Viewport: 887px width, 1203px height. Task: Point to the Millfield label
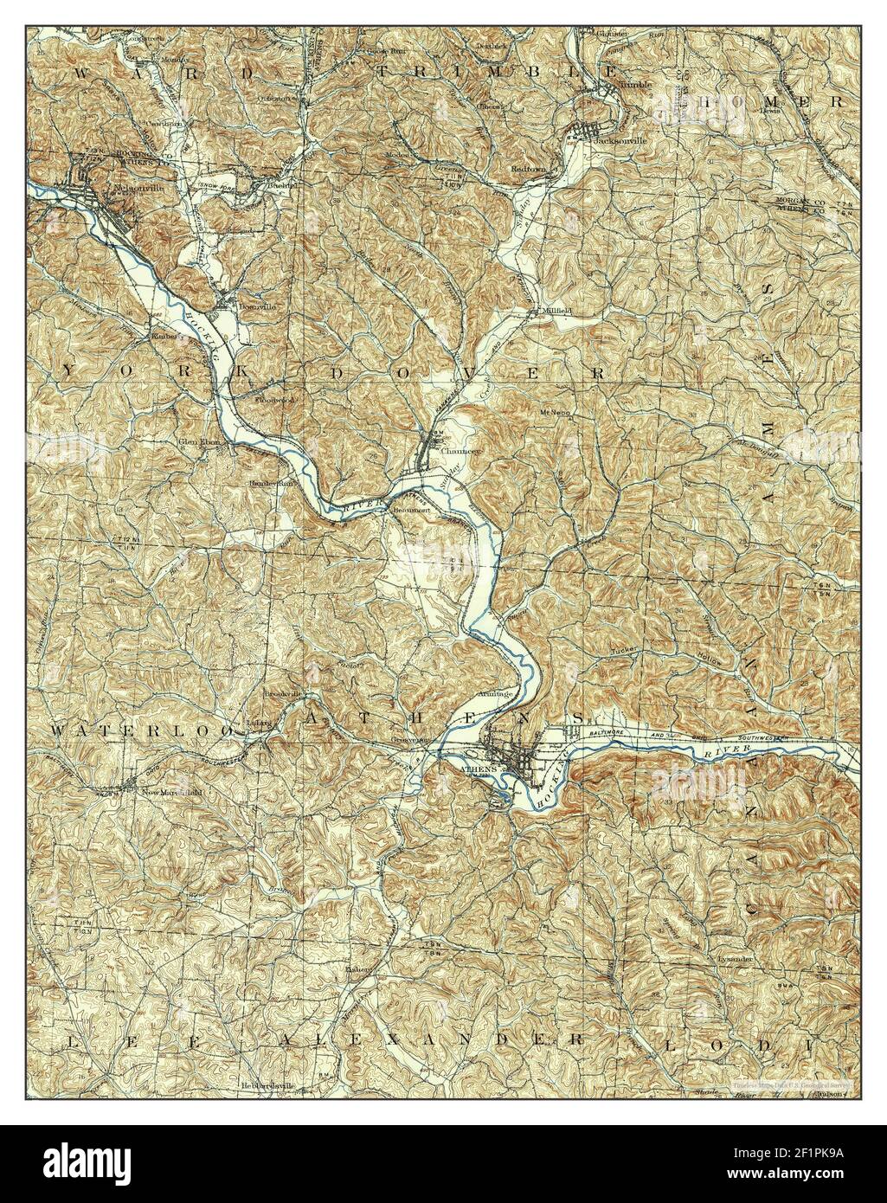(x=554, y=310)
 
